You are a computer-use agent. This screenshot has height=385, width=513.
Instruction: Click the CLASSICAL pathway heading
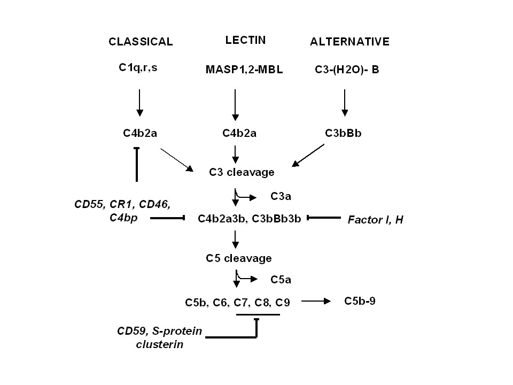click(141, 42)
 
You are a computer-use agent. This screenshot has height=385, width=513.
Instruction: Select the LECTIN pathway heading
click(245, 40)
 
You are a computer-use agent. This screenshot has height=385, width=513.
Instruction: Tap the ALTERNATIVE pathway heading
click(349, 42)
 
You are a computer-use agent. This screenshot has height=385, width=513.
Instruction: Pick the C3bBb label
click(344, 133)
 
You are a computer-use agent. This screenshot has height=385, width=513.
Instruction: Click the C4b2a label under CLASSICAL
click(139, 133)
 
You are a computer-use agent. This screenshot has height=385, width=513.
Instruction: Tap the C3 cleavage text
click(242, 172)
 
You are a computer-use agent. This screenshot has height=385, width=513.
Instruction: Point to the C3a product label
click(281, 197)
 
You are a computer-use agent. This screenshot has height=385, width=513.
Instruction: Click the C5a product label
click(281, 279)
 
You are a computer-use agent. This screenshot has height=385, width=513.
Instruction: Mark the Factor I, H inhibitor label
click(375, 219)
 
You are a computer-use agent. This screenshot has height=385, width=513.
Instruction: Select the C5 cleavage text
click(239, 258)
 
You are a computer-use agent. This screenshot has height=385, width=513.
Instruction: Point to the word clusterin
click(160, 344)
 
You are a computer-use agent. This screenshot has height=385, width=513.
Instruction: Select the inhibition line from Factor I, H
click(323, 218)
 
